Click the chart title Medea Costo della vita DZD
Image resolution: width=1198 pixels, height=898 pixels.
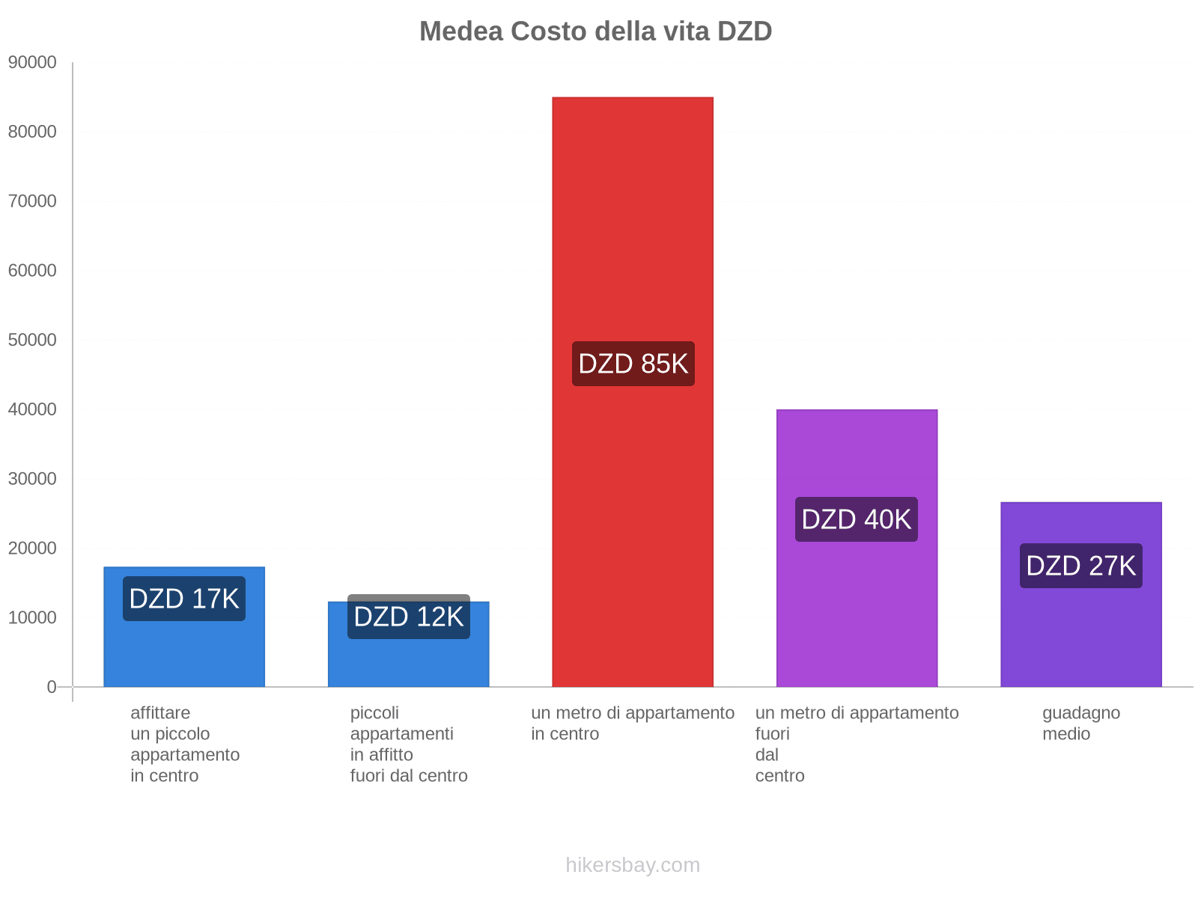[x=595, y=31]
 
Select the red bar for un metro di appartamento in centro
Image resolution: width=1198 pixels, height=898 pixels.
[x=633, y=224]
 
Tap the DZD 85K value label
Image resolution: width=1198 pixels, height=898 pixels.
[x=633, y=364]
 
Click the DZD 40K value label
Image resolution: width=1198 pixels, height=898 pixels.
[x=856, y=519]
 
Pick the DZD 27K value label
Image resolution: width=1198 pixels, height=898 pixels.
[x=1080, y=566]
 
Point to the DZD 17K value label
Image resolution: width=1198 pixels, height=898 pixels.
[x=184, y=599]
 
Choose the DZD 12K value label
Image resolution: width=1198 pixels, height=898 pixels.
[x=409, y=617]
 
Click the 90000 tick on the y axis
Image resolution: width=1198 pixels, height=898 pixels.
[x=32, y=62]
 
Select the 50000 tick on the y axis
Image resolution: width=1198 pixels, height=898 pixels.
[x=32, y=340]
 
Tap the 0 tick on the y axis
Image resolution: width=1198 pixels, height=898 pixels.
[x=52, y=686]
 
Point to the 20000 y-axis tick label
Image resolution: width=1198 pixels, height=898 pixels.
[x=32, y=548]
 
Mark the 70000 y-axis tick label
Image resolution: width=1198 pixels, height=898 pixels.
[x=32, y=201]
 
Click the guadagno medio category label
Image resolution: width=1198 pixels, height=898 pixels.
[x=1080, y=723]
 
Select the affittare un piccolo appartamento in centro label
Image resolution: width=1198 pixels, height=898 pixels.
[x=184, y=744]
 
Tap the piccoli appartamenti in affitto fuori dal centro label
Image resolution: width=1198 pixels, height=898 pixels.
[x=409, y=744]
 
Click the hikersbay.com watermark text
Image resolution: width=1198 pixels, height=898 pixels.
[x=633, y=865]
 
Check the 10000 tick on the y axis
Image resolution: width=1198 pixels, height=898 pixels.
[x=32, y=617]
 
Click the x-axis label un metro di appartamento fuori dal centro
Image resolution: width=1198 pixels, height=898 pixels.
[x=856, y=744]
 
